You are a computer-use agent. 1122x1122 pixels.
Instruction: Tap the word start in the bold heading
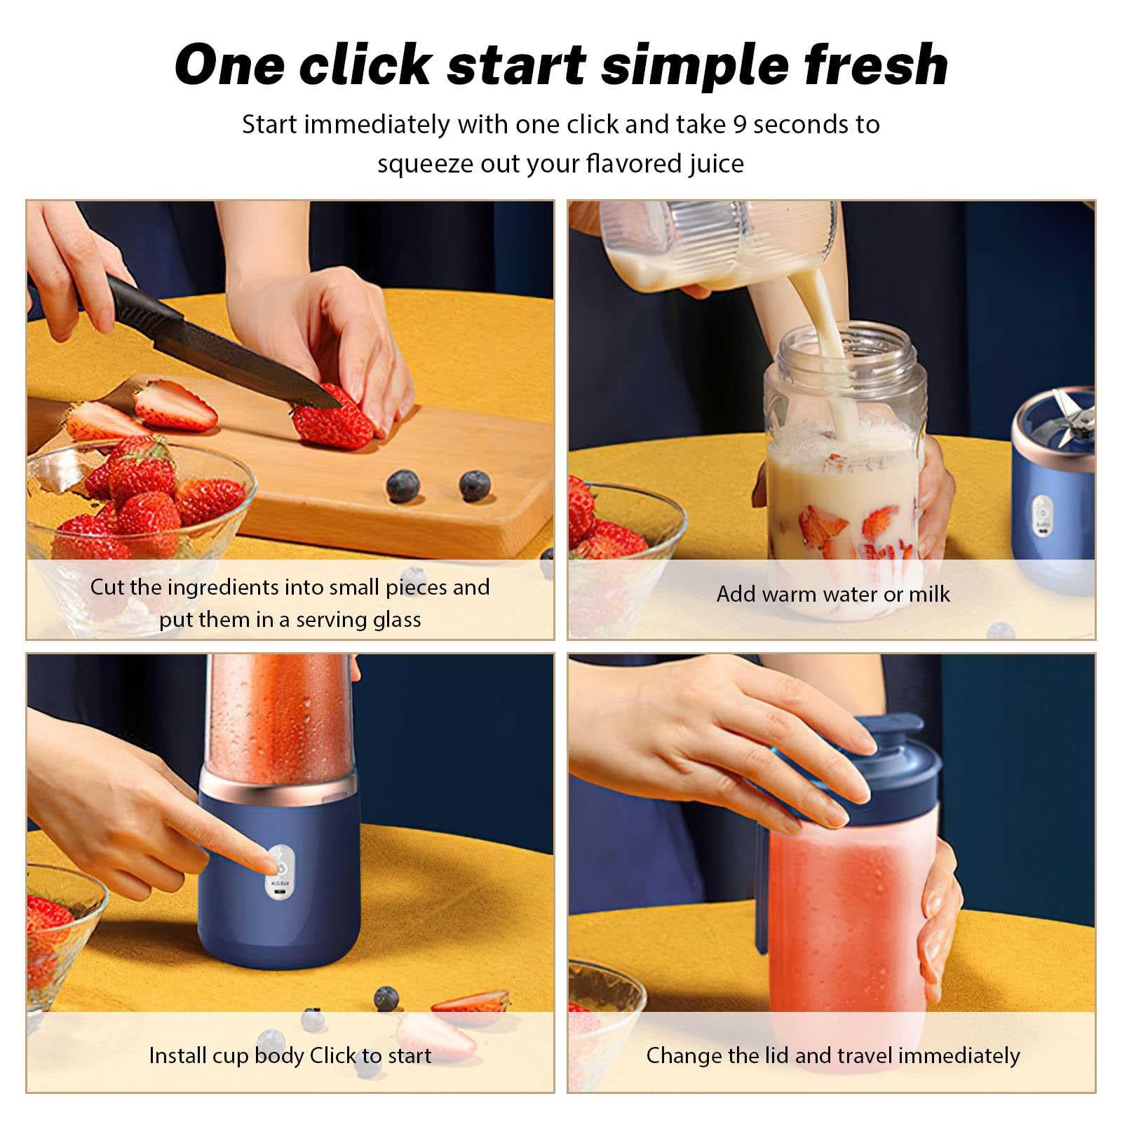click(515, 65)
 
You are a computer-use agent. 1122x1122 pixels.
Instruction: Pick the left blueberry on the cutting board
click(403, 486)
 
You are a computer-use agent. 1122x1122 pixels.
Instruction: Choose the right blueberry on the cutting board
click(475, 486)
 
